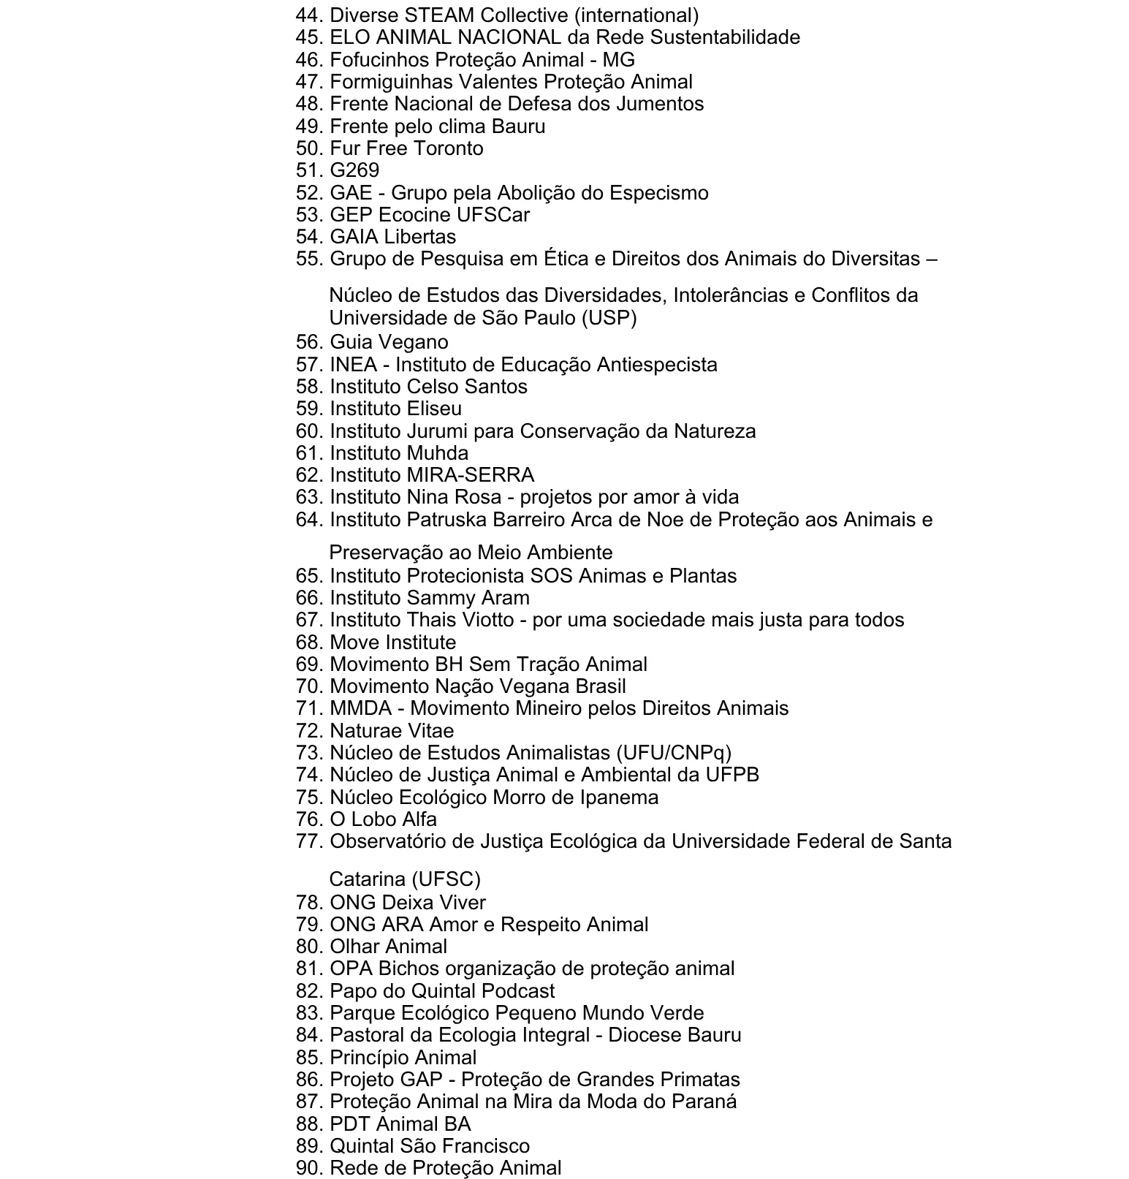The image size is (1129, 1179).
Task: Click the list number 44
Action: [x=310, y=15]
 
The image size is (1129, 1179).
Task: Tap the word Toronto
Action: [x=445, y=148]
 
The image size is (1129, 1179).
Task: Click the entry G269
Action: [x=354, y=170]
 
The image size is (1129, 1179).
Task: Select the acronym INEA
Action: [x=353, y=364]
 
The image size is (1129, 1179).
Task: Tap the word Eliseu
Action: [x=435, y=409]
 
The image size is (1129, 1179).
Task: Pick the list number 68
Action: [x=310, y=642]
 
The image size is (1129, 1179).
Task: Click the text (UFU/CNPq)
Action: [x=674, y=753]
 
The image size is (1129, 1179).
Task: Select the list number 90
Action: [x=310, y=1168]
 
